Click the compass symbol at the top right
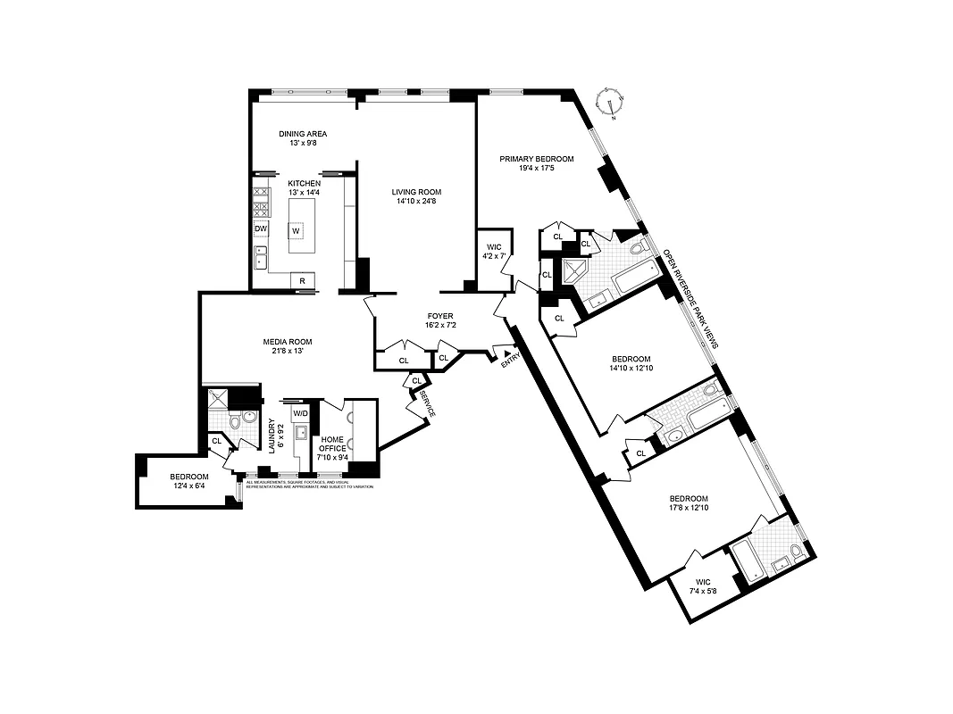pos(611,102)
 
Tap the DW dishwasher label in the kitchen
pos(261,229)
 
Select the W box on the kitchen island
pos(295,231)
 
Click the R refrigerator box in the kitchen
pos(302,281)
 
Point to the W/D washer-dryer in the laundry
pos(301,413)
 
